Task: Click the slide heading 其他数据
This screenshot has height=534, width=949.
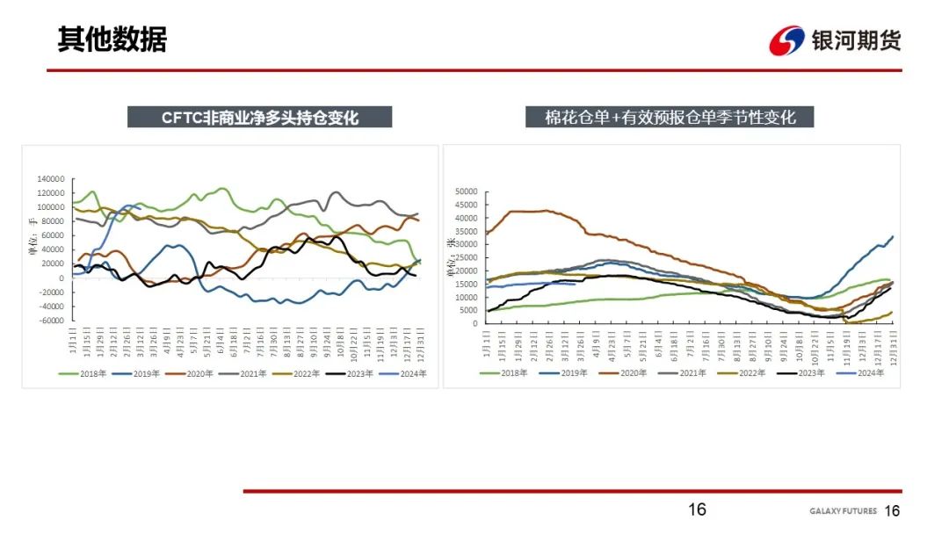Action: pyautogui.click(x=112, y=40)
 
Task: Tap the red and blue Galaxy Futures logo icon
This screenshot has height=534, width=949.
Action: pyautogui.click(x=786, y=40)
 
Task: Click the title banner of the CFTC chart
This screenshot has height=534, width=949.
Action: pyautogui.click(x=259, y=117)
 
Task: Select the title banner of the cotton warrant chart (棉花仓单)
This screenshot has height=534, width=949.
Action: pyautogui.click(x=669, y=117)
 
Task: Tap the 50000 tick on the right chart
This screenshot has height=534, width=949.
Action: pyautogui.click(x=463, y=191)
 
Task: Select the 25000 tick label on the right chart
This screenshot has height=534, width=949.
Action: pyautogui.click(x=463, y=257)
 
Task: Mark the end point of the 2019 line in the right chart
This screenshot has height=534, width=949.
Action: pyautogui.click(x=893, y=236)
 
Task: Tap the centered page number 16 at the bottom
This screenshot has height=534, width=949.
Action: pyautogui.click(x=697, y=509)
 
